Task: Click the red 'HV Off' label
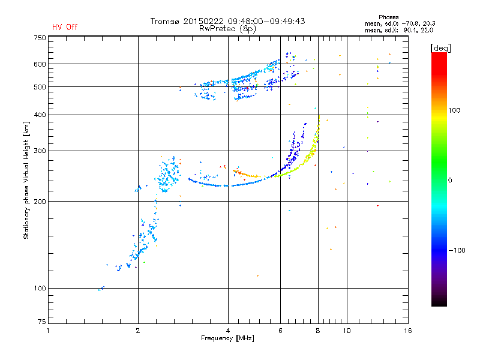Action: point(65,27)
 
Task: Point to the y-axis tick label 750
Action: point(40,38)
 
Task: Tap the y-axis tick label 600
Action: point(40,64)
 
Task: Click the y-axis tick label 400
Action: point(40,115)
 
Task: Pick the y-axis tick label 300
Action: point(40,151)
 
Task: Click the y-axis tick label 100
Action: point(40,288)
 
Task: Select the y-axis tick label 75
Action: point(41,324)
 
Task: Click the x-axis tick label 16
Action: point(407,331)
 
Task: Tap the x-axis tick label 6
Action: point(280,331)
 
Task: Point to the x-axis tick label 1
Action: point(48,331)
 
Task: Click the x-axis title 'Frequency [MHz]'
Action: point(227,338)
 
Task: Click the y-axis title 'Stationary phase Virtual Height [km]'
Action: point(26,180)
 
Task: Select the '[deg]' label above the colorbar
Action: point(441,47)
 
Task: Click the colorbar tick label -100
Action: point(458,250)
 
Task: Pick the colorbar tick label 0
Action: point(451,180)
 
